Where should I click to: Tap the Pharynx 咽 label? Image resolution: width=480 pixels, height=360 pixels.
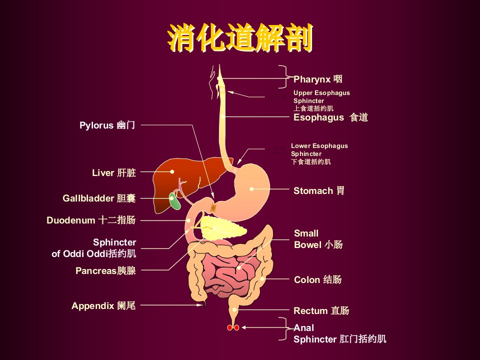318,79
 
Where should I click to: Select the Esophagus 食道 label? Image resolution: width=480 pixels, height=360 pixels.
330,117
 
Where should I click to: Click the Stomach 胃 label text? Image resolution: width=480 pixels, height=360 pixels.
318,190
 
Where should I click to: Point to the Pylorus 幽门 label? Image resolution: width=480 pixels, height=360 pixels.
107,125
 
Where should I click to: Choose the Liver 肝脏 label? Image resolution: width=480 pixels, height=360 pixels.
114,172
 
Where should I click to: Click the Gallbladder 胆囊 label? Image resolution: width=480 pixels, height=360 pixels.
99,198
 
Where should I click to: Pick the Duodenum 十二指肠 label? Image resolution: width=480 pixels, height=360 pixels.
91,220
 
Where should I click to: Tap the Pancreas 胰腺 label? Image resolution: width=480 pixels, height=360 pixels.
105,270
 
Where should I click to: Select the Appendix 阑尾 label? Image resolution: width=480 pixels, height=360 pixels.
103,305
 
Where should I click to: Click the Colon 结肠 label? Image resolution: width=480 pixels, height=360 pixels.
317,279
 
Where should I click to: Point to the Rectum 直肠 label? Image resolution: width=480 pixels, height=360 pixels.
321,310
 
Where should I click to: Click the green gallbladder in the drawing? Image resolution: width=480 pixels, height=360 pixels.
175,201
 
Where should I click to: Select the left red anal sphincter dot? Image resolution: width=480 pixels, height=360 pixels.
229,328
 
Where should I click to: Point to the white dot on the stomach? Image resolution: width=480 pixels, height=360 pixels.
251,189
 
